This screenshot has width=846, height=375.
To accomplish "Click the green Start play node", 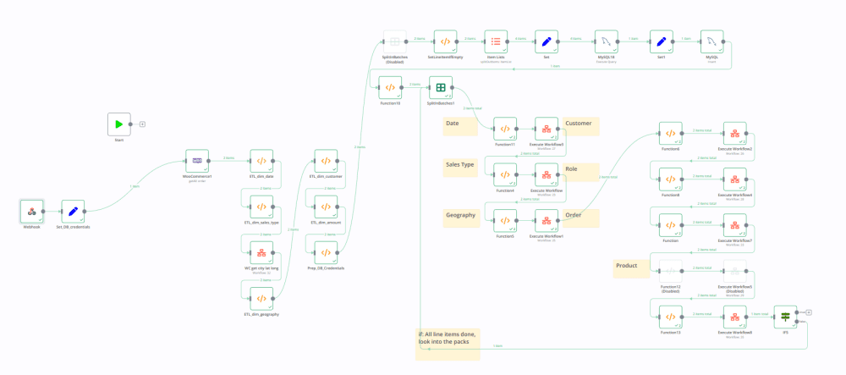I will point(119,124).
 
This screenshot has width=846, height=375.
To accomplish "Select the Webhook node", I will point(31,212).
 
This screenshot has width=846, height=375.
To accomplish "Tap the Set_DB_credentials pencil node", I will point(73,212).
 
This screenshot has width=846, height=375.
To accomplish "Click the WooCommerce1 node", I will point(197,161).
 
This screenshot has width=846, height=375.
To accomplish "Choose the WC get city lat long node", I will point(261,252).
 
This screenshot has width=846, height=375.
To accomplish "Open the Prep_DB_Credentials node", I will point(326,252).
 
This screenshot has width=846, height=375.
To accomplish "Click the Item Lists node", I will point(496,41).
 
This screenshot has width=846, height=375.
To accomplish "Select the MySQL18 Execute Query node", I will point(604,41).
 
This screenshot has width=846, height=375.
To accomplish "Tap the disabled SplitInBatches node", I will point(394,41).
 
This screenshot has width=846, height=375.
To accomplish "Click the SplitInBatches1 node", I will point(441,87).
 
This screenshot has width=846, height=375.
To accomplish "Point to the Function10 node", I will point(390,87).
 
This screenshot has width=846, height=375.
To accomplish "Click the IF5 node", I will point(785,317).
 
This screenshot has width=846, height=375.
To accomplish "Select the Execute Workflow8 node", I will point(734,317).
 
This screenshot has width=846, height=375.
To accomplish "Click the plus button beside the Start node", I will point(142,124).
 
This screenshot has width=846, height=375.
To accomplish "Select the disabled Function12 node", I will point(670,271).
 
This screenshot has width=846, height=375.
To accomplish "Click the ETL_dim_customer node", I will point(326,161).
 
